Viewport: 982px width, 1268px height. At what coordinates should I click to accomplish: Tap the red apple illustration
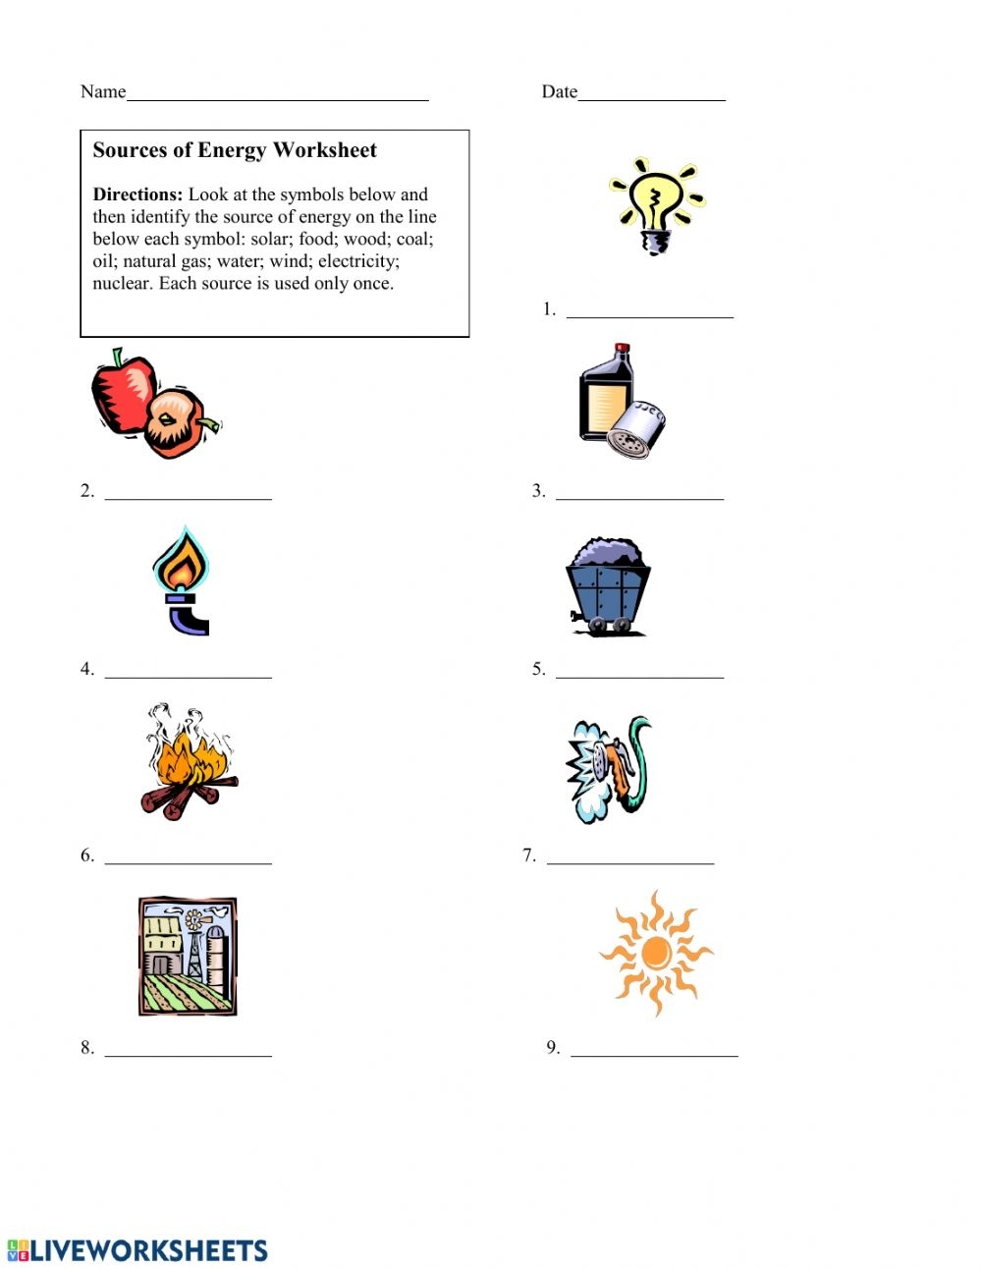123,393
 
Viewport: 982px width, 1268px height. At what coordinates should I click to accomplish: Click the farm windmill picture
188,956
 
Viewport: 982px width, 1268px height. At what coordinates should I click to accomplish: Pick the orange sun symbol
656,953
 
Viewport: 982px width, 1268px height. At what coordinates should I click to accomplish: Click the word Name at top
103,91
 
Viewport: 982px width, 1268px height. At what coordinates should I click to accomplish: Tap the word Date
559,91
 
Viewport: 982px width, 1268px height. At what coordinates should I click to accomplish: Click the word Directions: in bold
137,194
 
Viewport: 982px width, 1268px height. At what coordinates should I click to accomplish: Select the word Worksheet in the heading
325,150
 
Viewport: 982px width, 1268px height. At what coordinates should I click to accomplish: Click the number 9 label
553,1047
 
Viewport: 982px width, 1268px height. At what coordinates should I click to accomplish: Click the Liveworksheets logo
137,1249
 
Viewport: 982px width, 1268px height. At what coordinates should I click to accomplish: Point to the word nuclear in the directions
122,284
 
